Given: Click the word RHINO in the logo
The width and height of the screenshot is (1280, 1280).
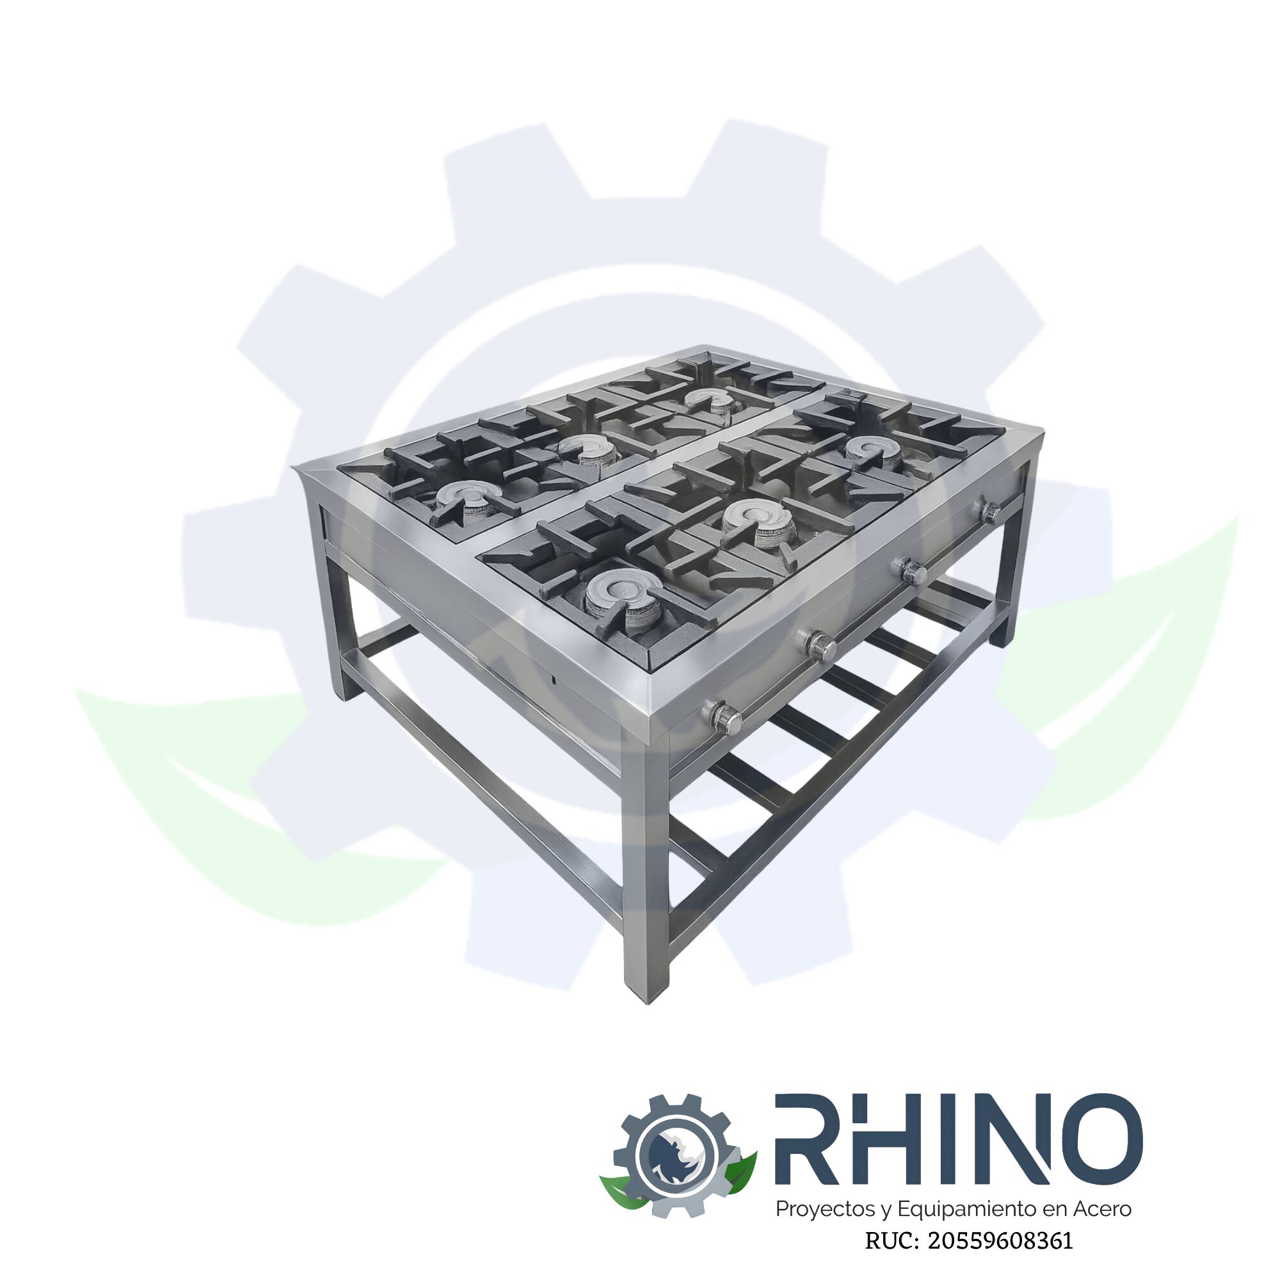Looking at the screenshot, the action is tap(958, 1139).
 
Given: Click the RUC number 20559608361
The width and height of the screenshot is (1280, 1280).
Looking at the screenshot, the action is tap(1000, 1241).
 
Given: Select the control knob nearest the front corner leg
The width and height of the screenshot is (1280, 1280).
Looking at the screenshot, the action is tap(723, 717).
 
